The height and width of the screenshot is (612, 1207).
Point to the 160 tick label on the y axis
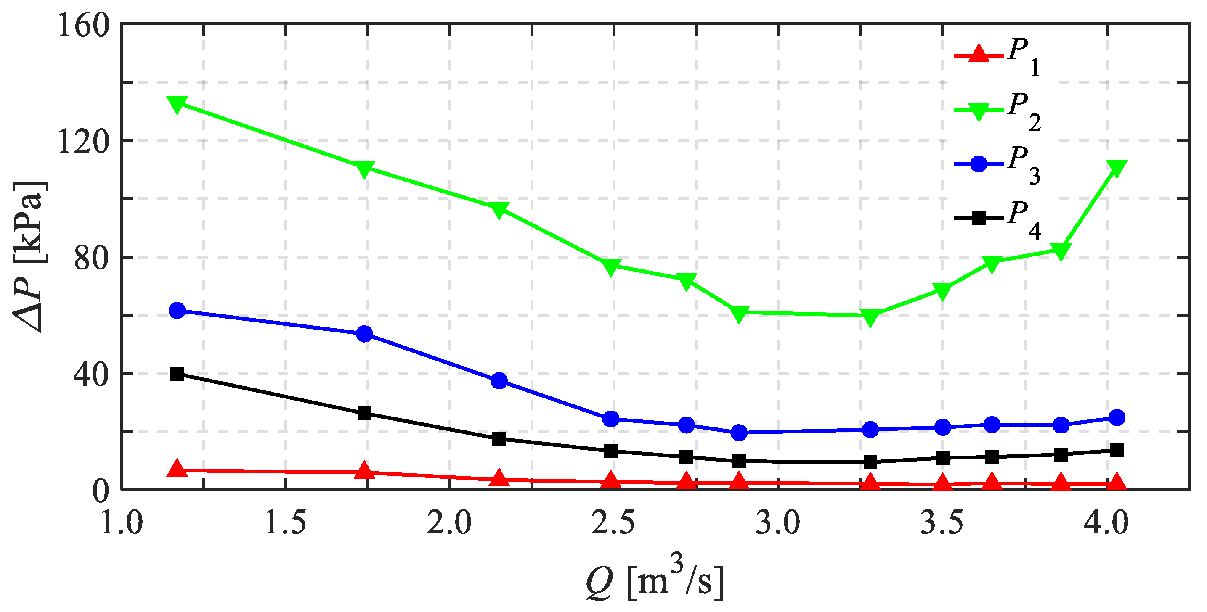pyautogui.click(x=83, y=25)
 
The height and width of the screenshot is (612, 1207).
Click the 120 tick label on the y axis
pyautogui.click(x=83, y=141)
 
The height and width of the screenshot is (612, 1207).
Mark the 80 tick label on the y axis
pyautogui.click(x=92, y=258)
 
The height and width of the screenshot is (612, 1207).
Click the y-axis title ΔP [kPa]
pyautogui.click(x=29, y=256)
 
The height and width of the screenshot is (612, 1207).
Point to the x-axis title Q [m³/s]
pyautogui.click(x=655, y=581)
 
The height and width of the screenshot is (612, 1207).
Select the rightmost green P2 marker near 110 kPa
pyautogui.click(x=1117, y=168)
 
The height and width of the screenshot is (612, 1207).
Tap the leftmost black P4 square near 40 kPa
pyautogui.click(x=177, y=374)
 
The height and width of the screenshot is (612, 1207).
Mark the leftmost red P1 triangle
pyautogui.click(x=177, y=468)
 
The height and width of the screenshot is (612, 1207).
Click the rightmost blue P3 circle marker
pyautogui.click(x=1117, y=417)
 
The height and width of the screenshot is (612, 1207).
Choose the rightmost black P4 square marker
pyautogui.click(x=1117, y=451)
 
